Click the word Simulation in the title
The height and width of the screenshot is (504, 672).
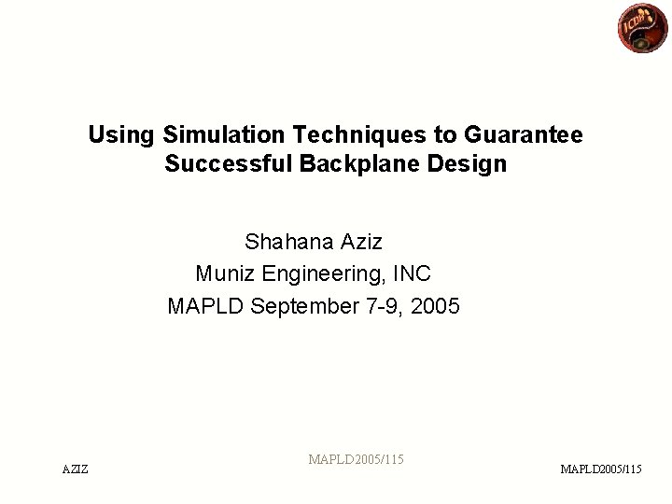(x=211, y=134)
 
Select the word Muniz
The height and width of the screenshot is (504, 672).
(x=225, y=274)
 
